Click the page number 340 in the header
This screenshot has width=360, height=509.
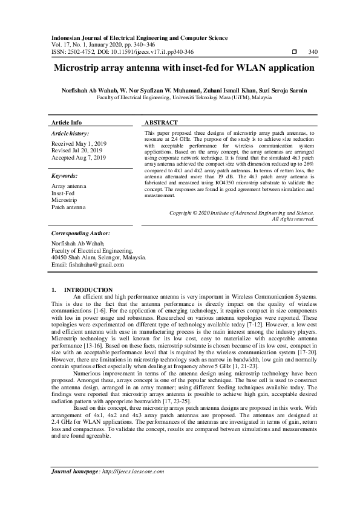coord(313,52)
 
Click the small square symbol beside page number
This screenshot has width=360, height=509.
coord(294,52)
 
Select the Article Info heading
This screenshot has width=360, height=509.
coord(67,122)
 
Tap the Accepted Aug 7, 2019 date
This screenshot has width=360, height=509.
coord(79,157)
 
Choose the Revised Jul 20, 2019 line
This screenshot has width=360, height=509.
coord(77,151)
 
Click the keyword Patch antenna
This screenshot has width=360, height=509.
coord(68,207)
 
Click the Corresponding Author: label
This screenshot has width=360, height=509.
coord(80,233)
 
